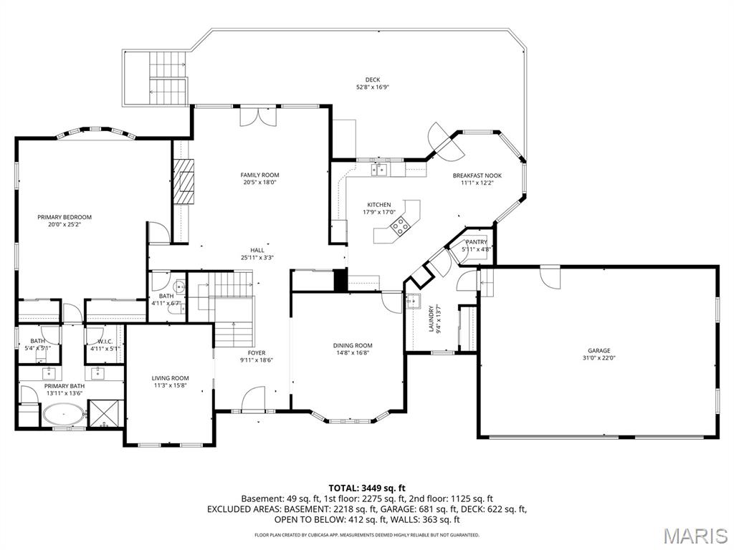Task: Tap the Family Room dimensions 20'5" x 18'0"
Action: (259, 183)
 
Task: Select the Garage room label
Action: (599, 351)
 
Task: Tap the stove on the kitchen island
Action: (399, 226)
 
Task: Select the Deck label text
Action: (372, 79)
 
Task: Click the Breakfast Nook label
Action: (477, 175)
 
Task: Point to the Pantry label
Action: (476, 242)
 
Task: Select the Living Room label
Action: (170, 378)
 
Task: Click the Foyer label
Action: (257, 353)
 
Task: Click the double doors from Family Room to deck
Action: (257, 116)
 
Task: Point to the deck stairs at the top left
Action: (167, 76)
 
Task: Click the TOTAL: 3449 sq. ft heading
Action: (367, 488)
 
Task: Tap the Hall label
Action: (258, 250)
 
